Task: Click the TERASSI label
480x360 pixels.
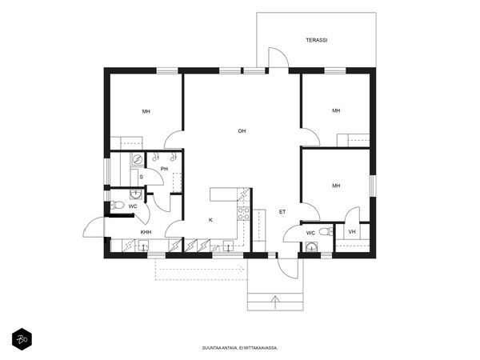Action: pyautogui.click(x=317, y=40)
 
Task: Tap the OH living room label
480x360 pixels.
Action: pyautogui.click(x=242, y=131)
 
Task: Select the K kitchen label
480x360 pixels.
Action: pyautogui.click(x=210, y=220)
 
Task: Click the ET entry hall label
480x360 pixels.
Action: pyautogui.click(x=282, y=212)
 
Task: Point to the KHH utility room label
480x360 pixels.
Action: pyautogui.click(x=146, y=232)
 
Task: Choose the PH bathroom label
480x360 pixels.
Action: pyautogui.click(x=164, y=169)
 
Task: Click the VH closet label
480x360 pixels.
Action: pyautogui.click(x=352, y=232)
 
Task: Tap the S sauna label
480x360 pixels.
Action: pyautogui.click(x=141, y=178)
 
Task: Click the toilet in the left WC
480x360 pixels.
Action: pyautogui.click(x=117, y=205)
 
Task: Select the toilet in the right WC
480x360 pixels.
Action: pyautogui.click(x=326, y=231)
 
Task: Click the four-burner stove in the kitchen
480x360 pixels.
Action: pyautogui.click(x=244, y=214)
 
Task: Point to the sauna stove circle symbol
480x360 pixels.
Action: pyautogui.click(x=138, y=159)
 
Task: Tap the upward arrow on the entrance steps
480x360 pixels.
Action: pyautogui.click(x=276, y=302)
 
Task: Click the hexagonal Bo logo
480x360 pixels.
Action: pyautogui.click(x=22, y=339)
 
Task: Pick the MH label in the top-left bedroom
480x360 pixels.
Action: pyautogui.click(x=146, y=111)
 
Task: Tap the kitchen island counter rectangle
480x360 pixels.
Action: pyautogui.click(x=223, y=194)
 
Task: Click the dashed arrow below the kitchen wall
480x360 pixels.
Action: pyautogui.click(x=200, y=270)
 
